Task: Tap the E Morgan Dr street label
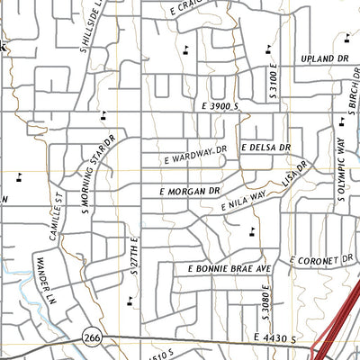tap(190, 192)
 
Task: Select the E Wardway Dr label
tap(199, 157)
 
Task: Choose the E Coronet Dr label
tap(323, 261)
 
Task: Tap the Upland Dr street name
tap(325, 57)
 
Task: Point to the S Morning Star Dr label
tap(98, 176)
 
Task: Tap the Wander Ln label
tap(40, 274)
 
